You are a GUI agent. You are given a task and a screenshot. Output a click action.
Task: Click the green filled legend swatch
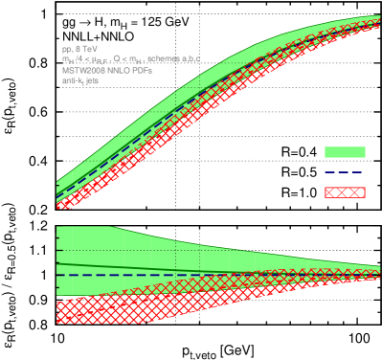(345, 152)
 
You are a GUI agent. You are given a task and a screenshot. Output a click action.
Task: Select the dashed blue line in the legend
(345, 172)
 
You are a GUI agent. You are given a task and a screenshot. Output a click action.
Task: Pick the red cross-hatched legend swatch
(345, 192)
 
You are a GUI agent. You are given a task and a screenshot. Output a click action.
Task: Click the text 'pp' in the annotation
(66, 49)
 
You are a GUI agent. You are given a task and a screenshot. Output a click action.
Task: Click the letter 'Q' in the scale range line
(118, 60)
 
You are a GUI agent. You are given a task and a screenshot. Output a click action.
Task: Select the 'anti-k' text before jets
(72, 82)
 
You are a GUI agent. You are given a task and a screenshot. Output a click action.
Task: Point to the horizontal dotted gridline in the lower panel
(287, 251)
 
